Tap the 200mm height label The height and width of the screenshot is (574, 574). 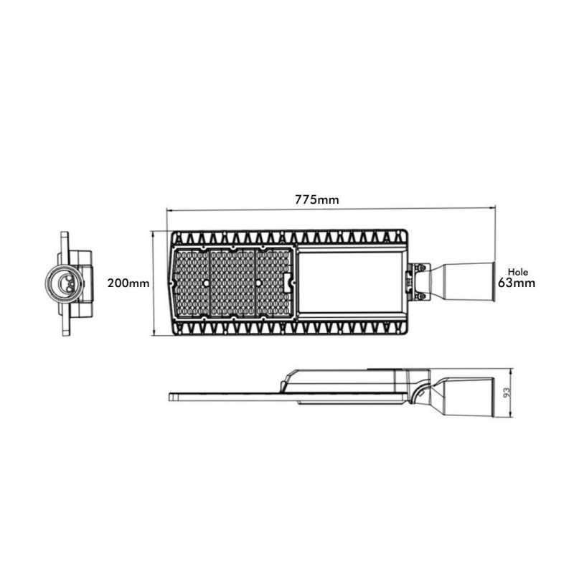pyautogui.click(x=128, y=283)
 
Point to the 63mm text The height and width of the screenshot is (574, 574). pyautogui.click(x=517, y=283)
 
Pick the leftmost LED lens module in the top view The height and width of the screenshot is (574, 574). pyautogui.click(x=189, y=283)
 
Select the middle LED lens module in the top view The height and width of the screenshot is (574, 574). pyautogui.click(x=232, y=283)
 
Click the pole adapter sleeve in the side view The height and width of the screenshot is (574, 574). pyautogui.click(x=466, y=396)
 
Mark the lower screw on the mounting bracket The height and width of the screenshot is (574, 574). pyautogui.click(x=421, y=295)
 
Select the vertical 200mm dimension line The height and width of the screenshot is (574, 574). pyautogui.click(x=153, y=283)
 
